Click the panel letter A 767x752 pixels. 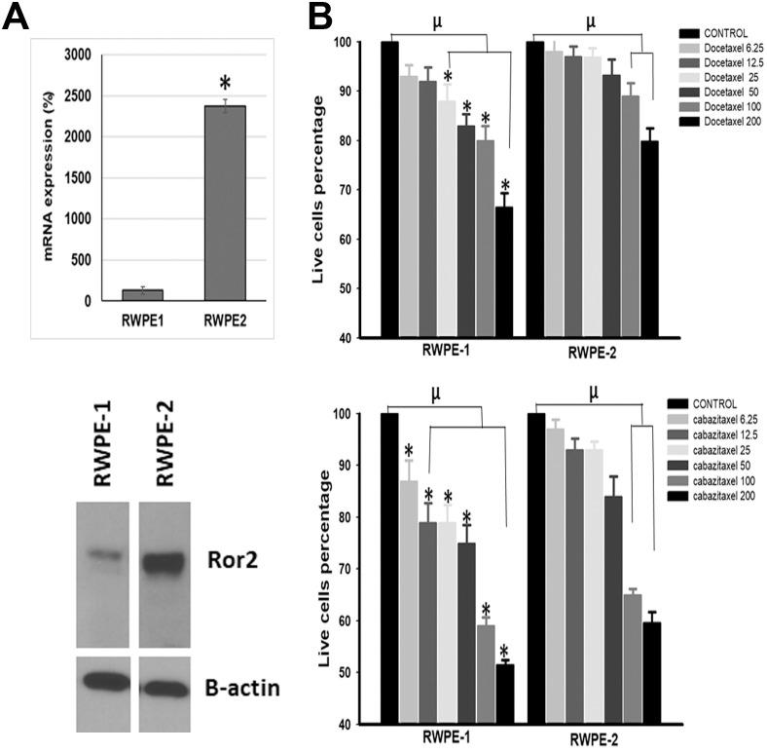17,17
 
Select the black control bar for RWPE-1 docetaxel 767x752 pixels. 389,190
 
